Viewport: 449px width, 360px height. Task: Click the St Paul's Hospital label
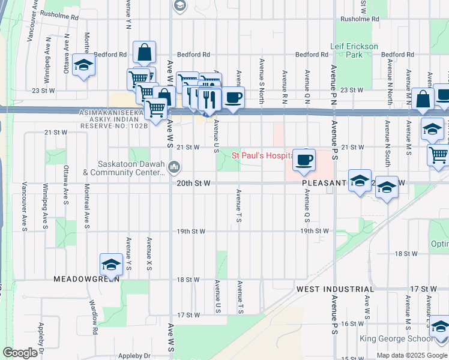point(262,155)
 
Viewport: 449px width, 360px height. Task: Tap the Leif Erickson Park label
point(354,50)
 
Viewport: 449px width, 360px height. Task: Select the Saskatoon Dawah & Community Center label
point(124,168)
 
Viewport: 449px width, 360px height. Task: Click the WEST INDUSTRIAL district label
point(335,289)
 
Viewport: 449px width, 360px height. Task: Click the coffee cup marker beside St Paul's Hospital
point(304,160)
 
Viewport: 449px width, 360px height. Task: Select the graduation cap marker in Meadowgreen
point(111,264)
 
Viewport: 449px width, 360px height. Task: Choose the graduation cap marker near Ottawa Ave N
point(83,65)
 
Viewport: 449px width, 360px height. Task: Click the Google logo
point(20,353)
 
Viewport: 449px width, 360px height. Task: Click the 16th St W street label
point(352,323)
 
